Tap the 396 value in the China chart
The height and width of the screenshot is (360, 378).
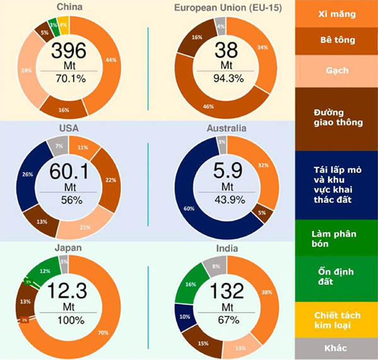(69, 51)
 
